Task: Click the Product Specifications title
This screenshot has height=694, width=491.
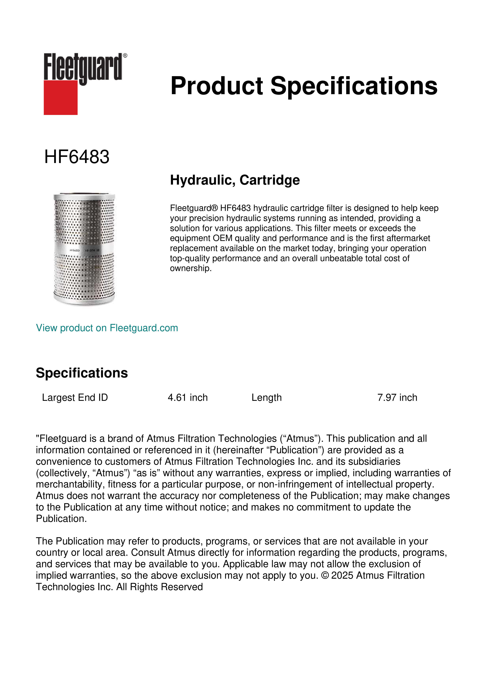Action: [x=304, y=86]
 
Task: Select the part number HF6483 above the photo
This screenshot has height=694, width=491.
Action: [x=77, y=157]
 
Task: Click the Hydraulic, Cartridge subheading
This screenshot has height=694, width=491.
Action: [x=235, y=180]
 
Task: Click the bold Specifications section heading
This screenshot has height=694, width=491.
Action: [x=82, y=373]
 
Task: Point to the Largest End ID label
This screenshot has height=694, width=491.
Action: [x=75, y=397]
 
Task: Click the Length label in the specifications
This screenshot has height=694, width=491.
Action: [x=266, y=397]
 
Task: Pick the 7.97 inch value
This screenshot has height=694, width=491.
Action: [x=397, y=397]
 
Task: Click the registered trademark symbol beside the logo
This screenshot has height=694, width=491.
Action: [x=125, y=56]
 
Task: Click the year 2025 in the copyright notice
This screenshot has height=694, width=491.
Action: [x=342, y=575]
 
